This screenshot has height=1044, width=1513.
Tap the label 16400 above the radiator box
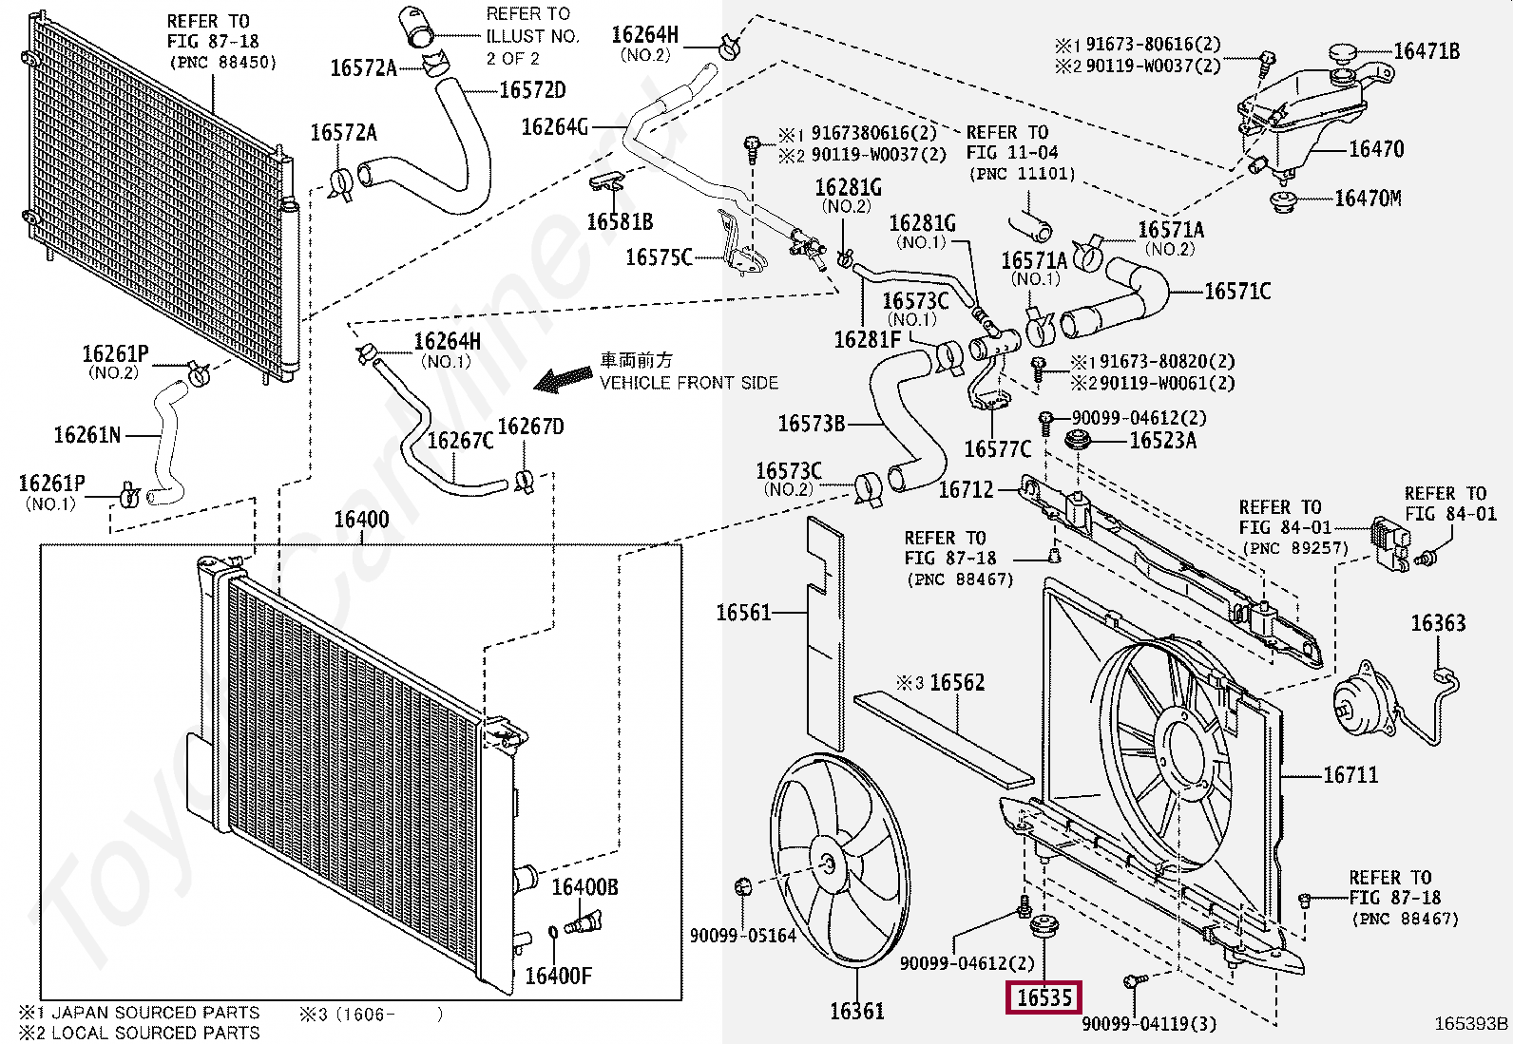[x=361, y=520]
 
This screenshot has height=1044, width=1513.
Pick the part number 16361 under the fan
[x=856, y=1012]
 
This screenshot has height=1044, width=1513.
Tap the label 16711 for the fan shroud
[x=1350, y=775]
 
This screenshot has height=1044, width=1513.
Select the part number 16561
[x=743, y=613]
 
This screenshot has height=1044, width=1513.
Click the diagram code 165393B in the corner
[x=1471, y=1023]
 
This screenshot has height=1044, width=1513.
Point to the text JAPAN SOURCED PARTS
[x=155, y=1013]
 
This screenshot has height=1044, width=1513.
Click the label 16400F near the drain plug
[x=558, y=976]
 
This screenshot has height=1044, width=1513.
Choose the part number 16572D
[x=532, y=90]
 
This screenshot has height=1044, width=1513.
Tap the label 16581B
[x=620, y=222]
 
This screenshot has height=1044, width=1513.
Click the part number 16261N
[x=87, y=435]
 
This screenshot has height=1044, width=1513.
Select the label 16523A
[x=1162, y=441]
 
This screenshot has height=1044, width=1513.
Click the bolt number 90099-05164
[x=742, y=936]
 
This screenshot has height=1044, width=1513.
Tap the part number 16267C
[x=460, y=441]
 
